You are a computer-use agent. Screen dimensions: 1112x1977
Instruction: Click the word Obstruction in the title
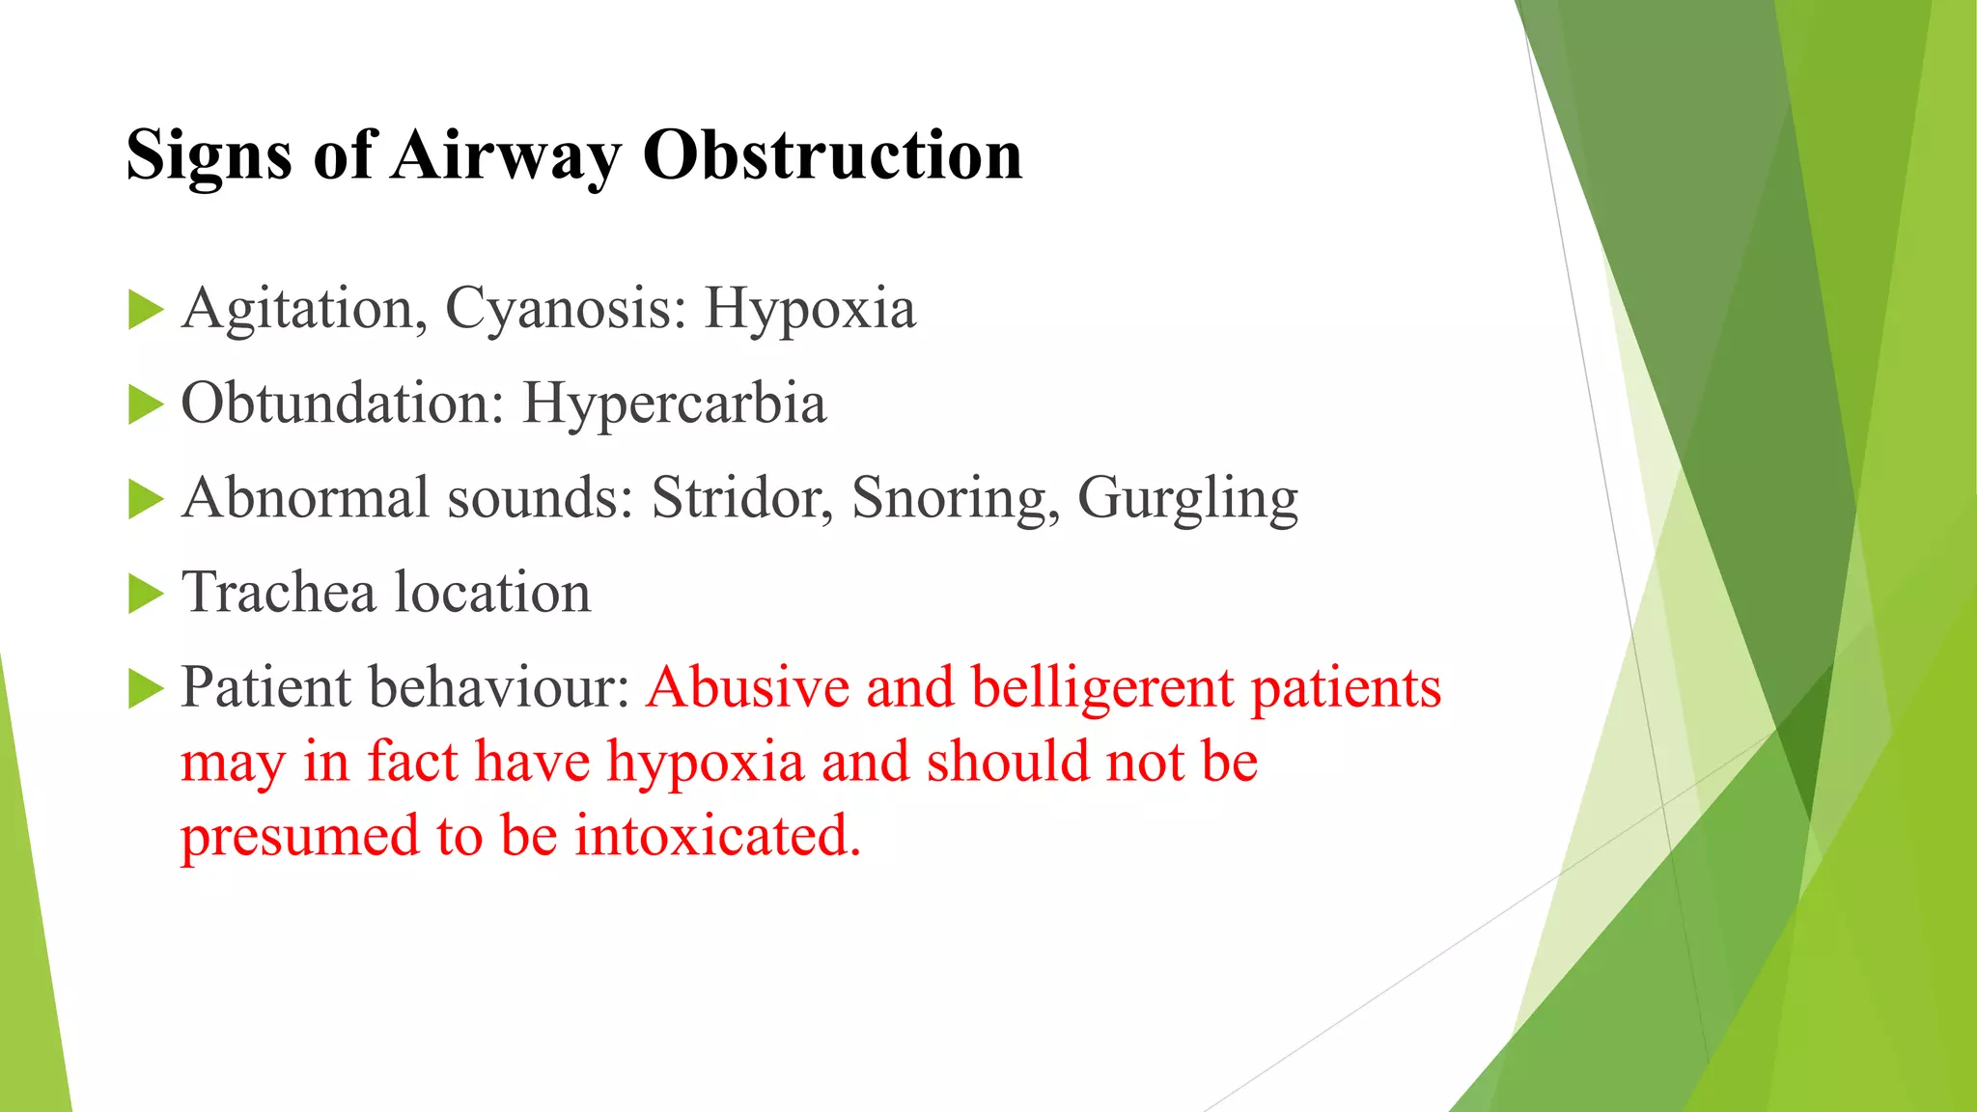(x=832, y=155)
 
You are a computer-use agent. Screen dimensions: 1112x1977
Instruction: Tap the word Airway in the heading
(x=506, y=155)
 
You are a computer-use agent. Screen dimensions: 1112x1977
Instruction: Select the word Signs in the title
(x=209, y=155)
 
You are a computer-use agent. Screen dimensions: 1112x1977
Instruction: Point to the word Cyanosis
(x=567, y=310)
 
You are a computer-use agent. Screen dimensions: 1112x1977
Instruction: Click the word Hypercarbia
(x=674, y=403)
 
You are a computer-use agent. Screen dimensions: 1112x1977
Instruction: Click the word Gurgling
(x=1187, y=498)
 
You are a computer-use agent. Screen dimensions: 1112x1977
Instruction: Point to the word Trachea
(x=278, y=593)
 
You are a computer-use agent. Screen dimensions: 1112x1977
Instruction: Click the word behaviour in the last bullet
(x=500, y=687)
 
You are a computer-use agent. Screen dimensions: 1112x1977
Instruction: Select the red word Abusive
(x=748, y=687)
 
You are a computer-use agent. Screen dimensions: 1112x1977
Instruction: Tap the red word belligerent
(x=1102, y=687)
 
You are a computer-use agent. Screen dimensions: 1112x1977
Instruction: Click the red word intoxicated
(x=717, y=835)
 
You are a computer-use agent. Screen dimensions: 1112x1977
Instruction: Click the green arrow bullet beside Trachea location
(x=146, y=595)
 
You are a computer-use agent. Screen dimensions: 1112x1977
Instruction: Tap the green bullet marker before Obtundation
(x=146, y=405)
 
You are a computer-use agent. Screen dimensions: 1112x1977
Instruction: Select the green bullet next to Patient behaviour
(x=146, y=689)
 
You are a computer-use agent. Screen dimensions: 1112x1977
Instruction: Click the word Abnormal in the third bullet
(x=305, y=498)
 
